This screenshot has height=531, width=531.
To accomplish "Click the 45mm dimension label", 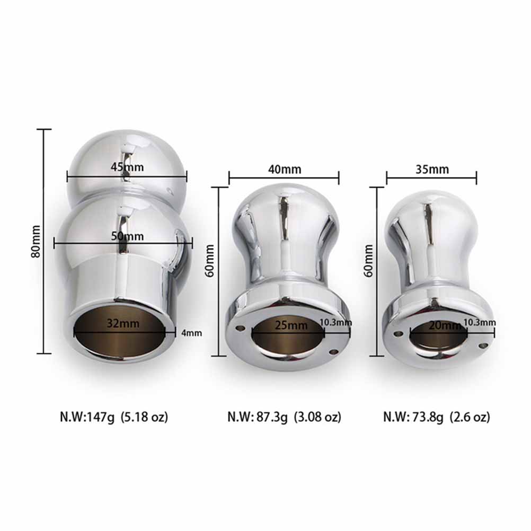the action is point(127,167).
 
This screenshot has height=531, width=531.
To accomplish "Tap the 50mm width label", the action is point(127,236).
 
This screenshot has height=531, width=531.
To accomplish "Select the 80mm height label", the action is point(36,241).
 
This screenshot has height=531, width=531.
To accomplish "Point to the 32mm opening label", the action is point(123,323).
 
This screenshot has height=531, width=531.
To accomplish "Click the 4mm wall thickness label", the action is point(192,333).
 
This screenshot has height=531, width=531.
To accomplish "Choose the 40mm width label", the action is point(285,169).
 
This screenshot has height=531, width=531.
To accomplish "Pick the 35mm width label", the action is point(432,169).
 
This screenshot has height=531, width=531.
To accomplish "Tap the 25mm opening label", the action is point(291,325).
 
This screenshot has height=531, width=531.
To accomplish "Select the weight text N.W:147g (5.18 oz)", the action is point(114,417).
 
